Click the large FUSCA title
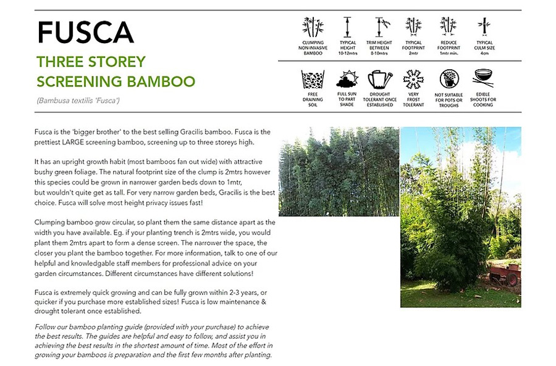coord(85,32)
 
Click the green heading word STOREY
coord(117,62)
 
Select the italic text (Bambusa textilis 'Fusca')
coord(78,100)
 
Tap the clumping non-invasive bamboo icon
coord(313,27)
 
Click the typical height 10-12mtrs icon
coord(348,27)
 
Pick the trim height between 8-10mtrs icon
coord(380,27)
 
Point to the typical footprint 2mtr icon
coord(413,27)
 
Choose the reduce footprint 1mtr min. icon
coord(448,27)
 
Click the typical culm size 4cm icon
coord(483,27)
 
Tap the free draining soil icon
coord(313,81)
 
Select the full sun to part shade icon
coord(347,80)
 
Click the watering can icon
coord(380,80)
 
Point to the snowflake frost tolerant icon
coord(413,80)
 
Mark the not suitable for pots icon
coord(449,80)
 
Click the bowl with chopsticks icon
coord(483,79)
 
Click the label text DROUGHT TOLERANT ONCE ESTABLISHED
coord(380,99)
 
